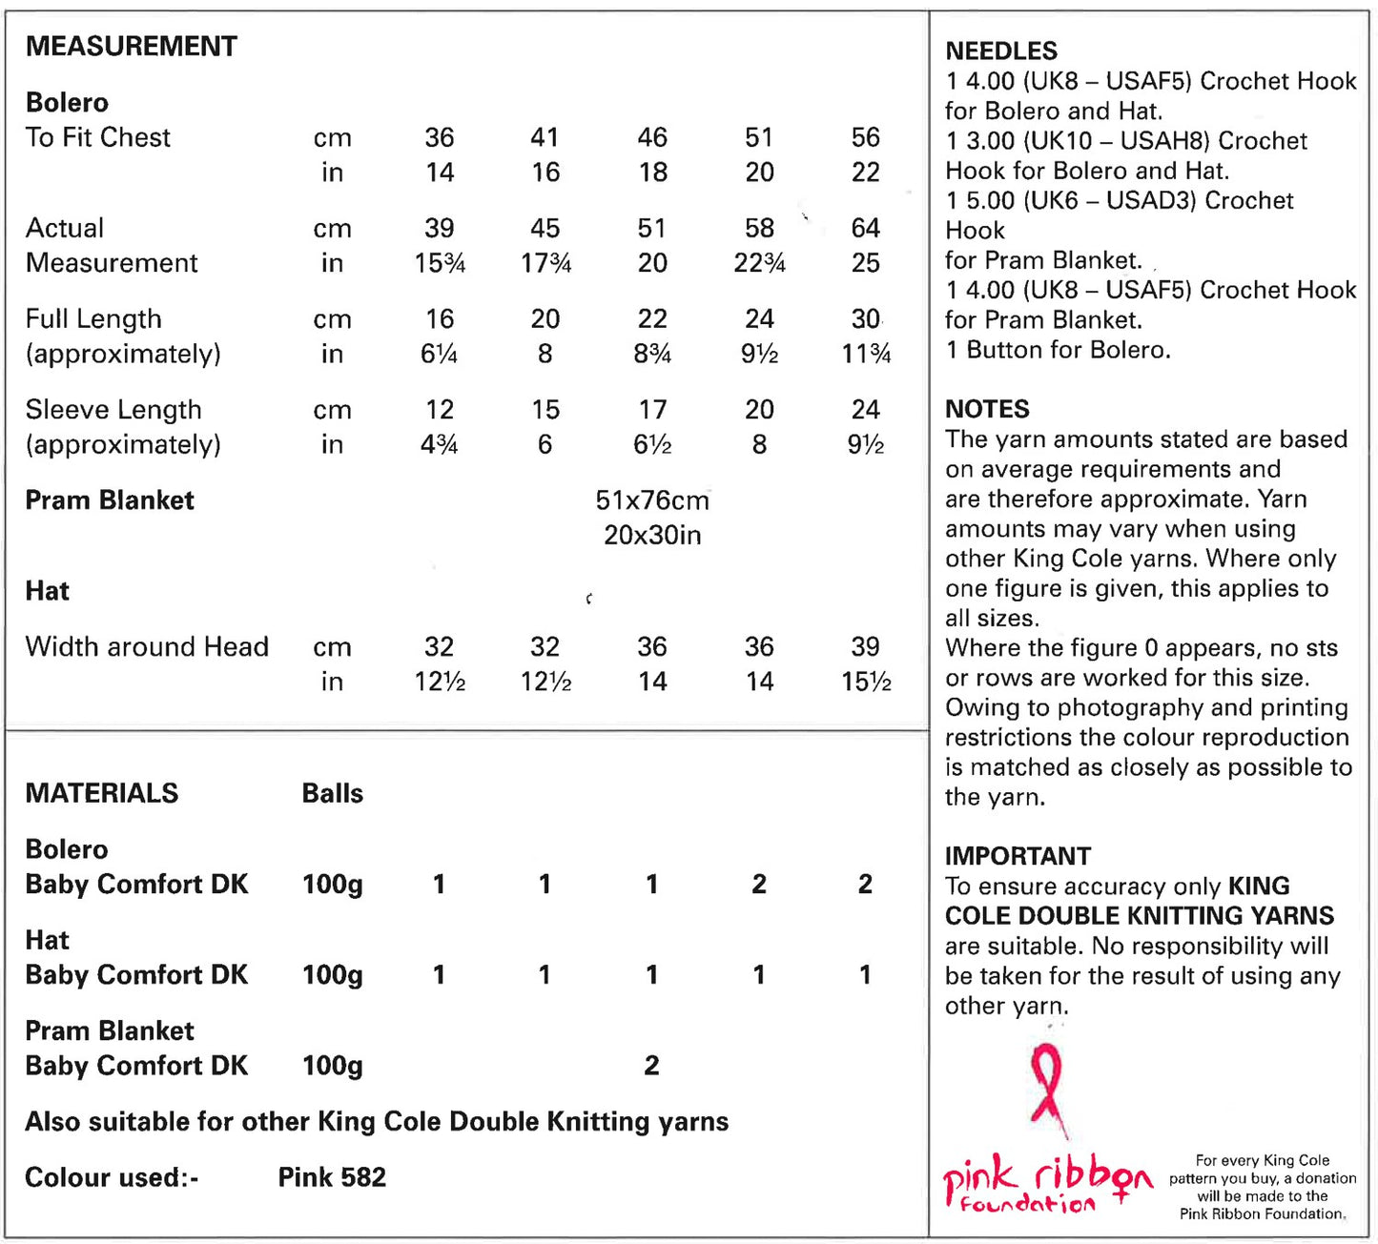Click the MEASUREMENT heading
pos(131,46)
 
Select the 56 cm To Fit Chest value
pos(865,137)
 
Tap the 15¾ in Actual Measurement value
pos(440,263)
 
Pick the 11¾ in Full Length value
pos(866,354)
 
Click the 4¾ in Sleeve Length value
pos(440,444)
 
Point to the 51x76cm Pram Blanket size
pos(652,500)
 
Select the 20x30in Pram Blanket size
pos(652,535)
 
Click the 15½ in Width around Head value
pos(866,682)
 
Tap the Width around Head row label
pos(147,646)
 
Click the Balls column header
pos(332,793)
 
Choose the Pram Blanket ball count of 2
pos(651,1065)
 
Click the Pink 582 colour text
pos(332,1177)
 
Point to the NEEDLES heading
pos(1000,51)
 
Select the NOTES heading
pos(987,409)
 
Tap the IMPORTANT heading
pos(1018,856)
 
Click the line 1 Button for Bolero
pos(1058,350)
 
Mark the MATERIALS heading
pos(102,793)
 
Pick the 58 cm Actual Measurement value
pos(759,228)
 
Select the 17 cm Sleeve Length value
pos(652,410)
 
